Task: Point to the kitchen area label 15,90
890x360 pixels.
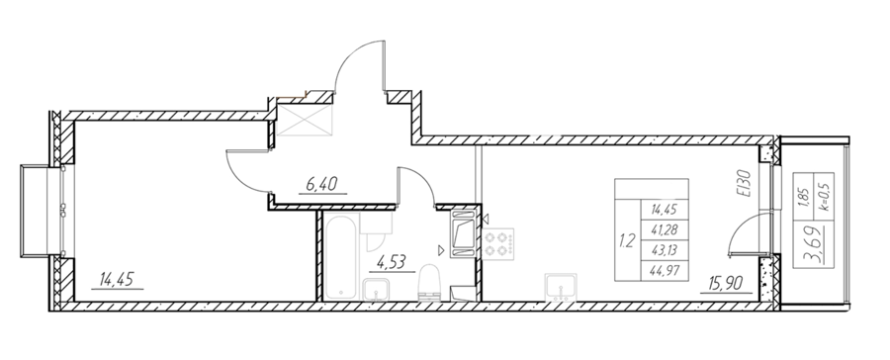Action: pyautogui.click(x=727, y=282)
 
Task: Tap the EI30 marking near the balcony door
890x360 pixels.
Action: pyautogui.click(x=746, y=183)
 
